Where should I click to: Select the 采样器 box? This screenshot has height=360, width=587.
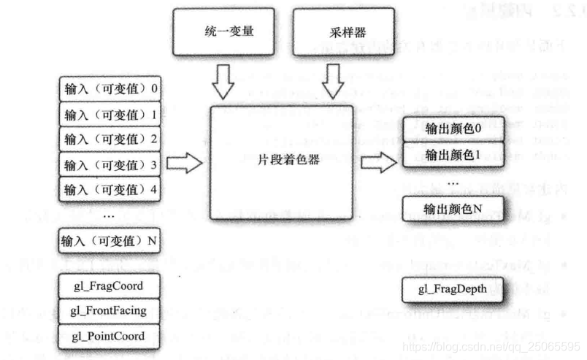[x=335, y=34]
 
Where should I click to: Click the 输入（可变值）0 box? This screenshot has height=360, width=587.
[x=110, y=89]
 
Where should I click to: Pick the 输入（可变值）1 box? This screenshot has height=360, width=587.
[x=110, y=115]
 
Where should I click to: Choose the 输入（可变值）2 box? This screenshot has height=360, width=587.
[x=110, y=139]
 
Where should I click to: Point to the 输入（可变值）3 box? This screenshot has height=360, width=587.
[x=110, y=164]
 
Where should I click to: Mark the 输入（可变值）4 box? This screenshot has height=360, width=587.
[x=110, y=189]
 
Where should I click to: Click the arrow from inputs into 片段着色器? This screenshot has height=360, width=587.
[x=183, y=164]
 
